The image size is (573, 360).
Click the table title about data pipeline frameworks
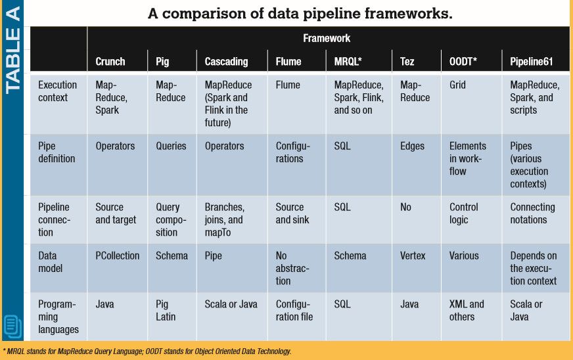coord(300,13)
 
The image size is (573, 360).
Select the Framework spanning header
coord(327,38)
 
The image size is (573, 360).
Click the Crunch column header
coord(110,61)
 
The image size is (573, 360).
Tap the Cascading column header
coord(227,61)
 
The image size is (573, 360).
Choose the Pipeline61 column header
coord(532,61)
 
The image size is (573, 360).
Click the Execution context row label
coord(58,91)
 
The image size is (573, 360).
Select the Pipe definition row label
coord(57,152)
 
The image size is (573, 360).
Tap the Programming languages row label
coord(58,317)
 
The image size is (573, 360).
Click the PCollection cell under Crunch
coord(118,256)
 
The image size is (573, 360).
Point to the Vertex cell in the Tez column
coord(413,256)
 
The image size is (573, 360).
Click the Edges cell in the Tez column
coord(413,146)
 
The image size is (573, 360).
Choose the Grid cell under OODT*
coord(457,85)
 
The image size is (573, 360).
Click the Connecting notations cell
coord(533,214)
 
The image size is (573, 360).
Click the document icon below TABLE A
coord(12,326)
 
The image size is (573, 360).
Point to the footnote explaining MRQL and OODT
coord(147,351)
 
